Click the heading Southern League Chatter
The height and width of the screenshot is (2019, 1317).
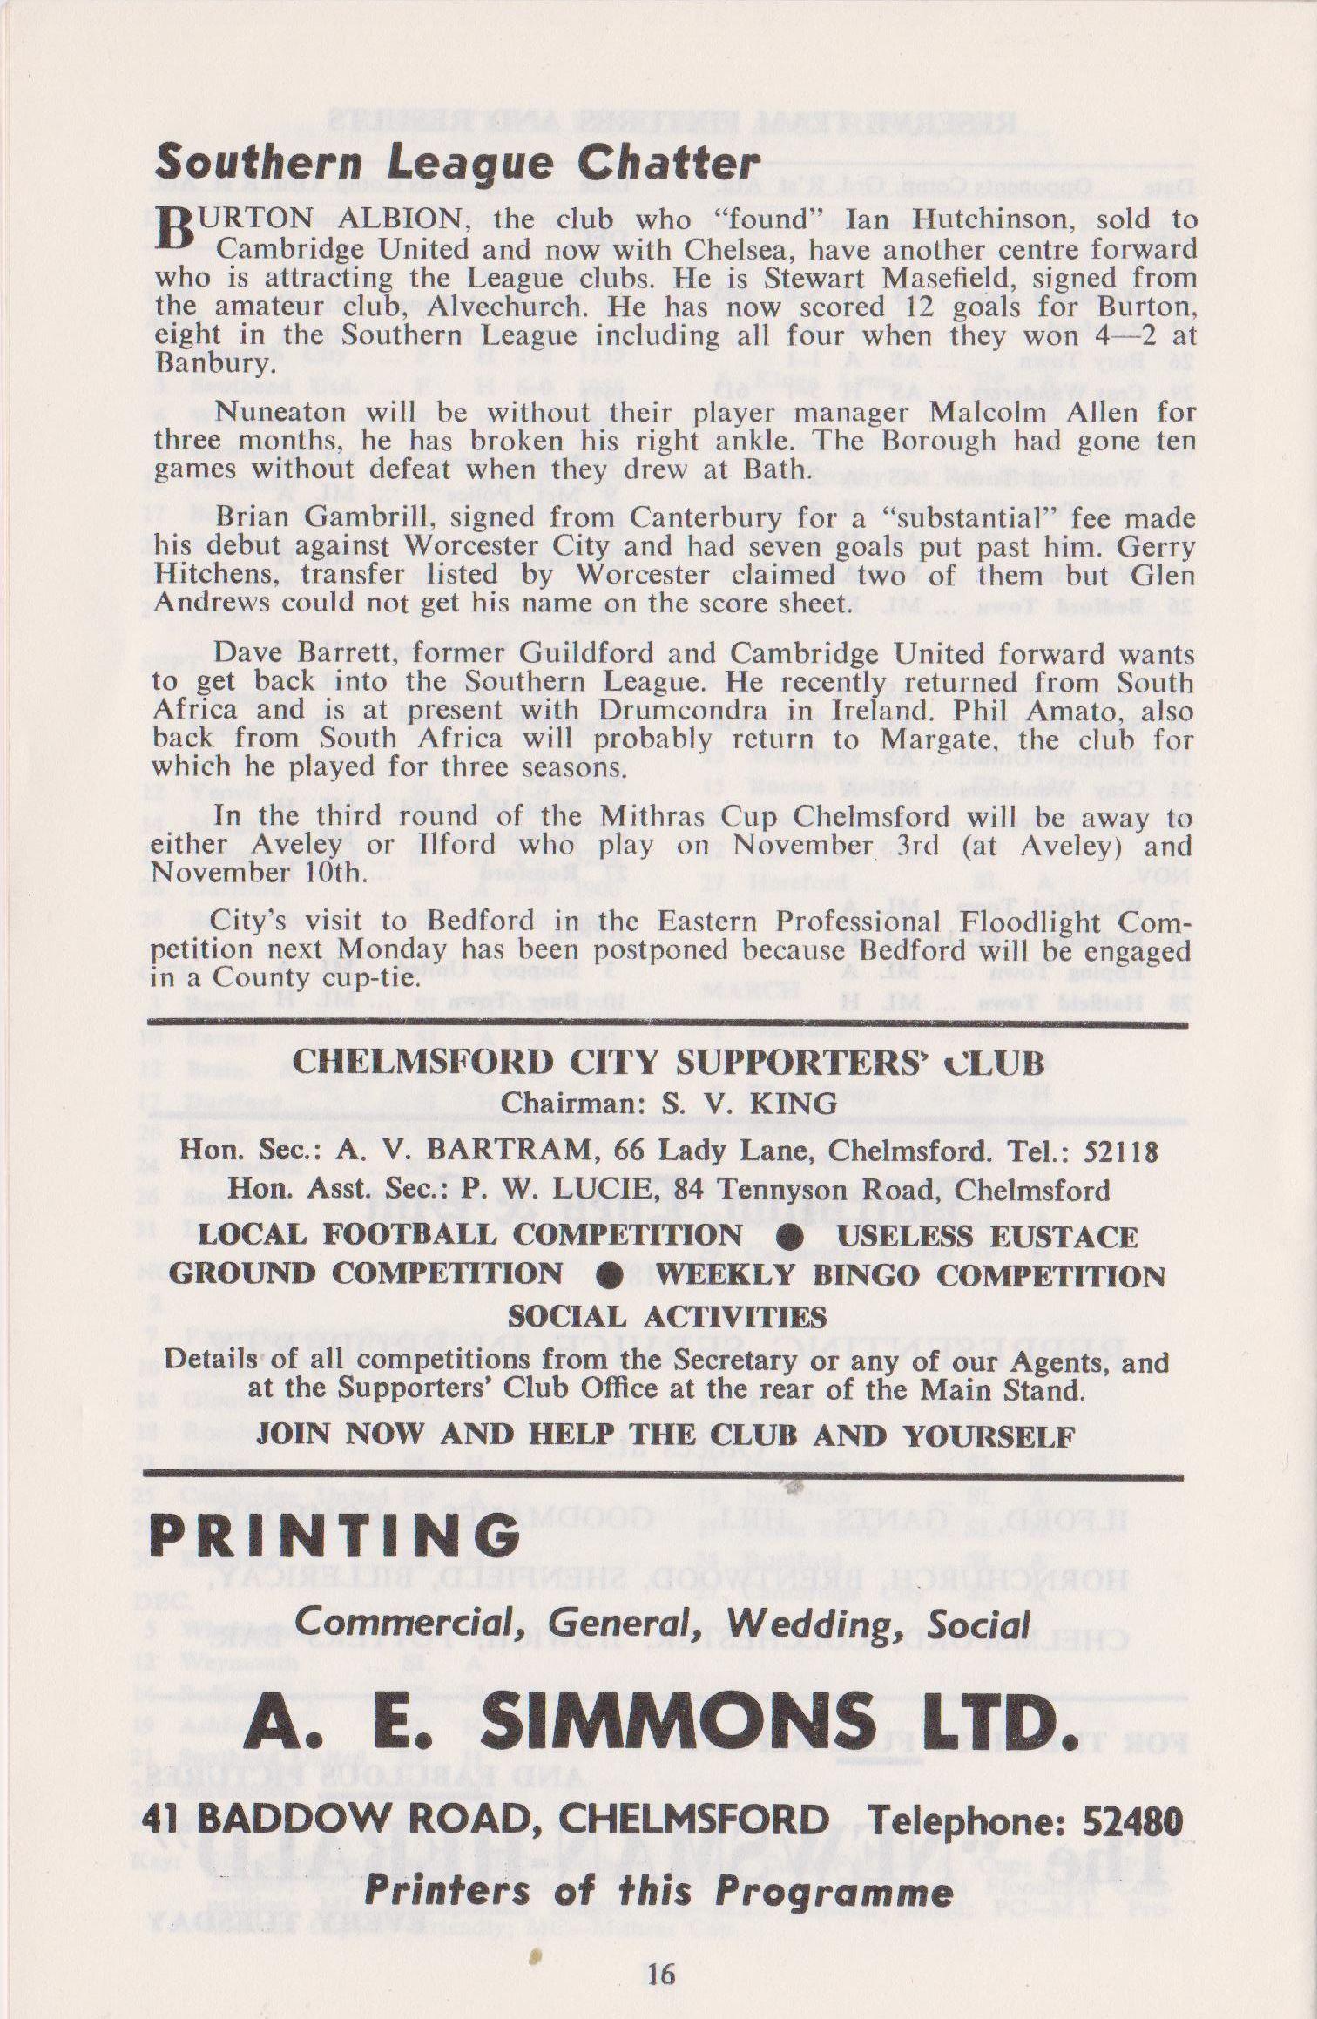coord(457,163)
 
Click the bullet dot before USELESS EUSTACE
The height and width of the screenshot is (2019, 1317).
coord(789,1237)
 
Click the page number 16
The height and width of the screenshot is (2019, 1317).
coord(661,1968)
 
